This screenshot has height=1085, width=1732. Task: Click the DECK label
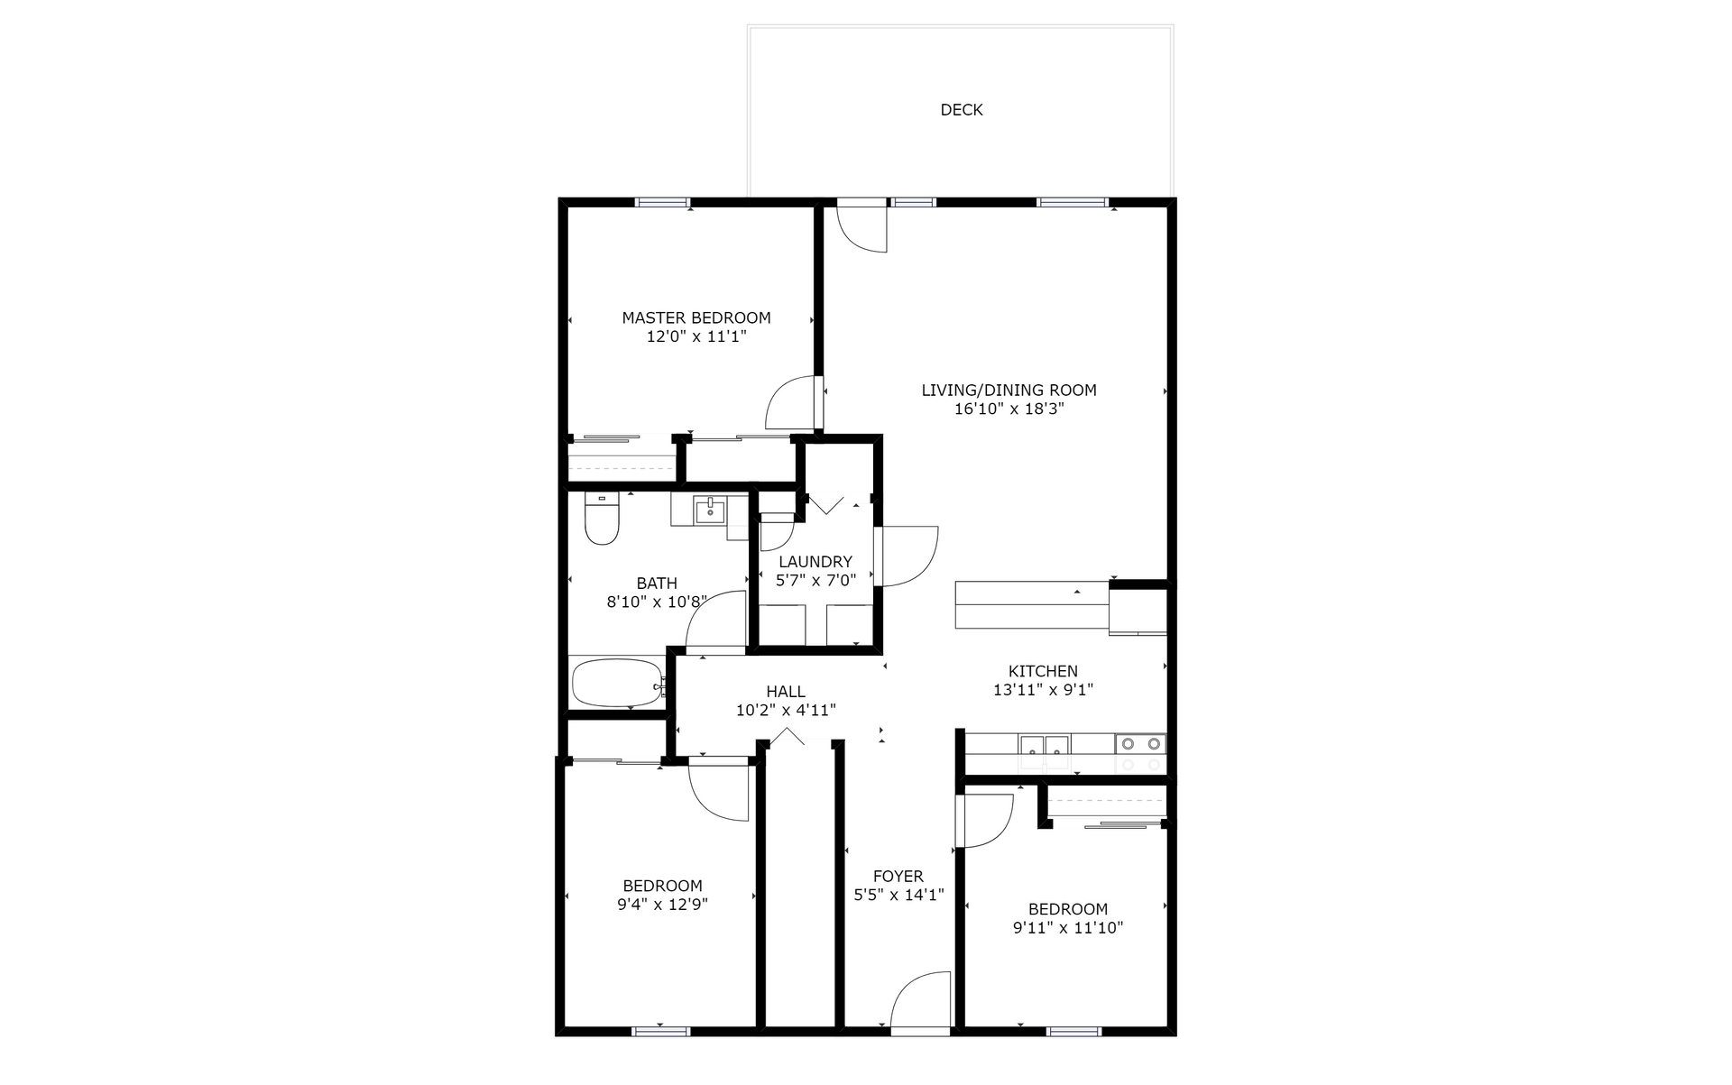click(962, 110)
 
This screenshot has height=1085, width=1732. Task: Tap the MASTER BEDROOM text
click(696, 318)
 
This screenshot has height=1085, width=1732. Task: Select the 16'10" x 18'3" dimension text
click(1009, 409)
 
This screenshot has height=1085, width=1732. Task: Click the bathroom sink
click(710, 510)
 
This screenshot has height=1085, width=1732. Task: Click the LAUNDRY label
click(815, 562)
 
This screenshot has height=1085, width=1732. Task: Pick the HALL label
click(786, 692)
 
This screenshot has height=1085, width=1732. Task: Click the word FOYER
click(898, 877)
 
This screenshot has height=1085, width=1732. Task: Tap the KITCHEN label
click(1043, 671)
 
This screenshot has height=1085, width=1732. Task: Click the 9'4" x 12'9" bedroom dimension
click(662, 905)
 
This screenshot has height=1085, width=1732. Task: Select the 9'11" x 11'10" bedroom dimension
click(1068, 928)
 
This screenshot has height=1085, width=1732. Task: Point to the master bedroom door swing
click(790, 403)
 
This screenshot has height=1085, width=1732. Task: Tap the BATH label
click(657, 584)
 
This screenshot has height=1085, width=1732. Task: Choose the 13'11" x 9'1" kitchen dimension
click(1043, 690)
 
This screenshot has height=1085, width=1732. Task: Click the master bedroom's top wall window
click(663, 202)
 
